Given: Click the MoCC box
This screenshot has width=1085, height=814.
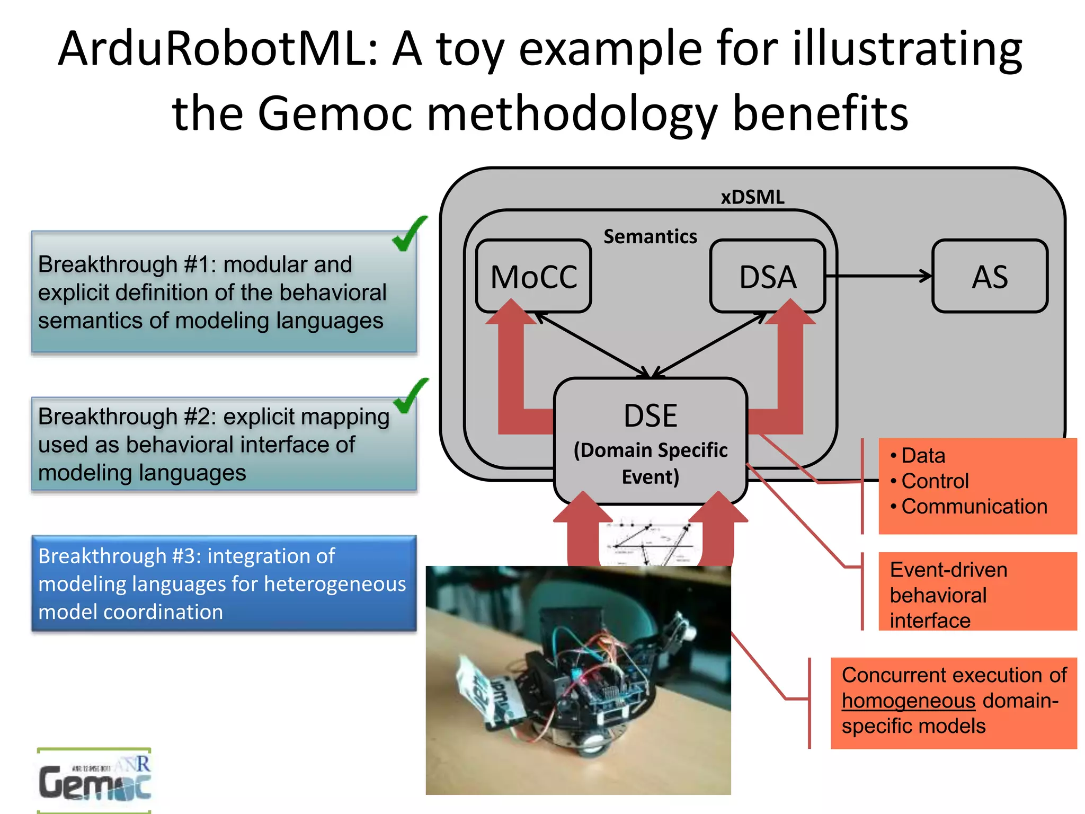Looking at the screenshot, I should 533,276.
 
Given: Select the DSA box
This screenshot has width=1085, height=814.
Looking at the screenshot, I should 768,276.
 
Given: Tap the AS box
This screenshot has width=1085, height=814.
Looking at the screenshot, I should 990,276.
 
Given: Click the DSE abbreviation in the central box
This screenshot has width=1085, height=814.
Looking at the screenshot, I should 650,415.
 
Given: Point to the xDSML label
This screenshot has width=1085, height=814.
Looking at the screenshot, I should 752,197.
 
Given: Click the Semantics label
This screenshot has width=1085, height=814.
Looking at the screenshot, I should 650,236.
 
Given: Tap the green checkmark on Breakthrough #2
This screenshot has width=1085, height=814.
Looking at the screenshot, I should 411,396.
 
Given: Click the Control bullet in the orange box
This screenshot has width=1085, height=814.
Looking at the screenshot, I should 935,481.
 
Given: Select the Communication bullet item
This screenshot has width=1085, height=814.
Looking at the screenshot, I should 974,507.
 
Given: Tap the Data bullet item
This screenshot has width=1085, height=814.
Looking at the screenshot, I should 923,456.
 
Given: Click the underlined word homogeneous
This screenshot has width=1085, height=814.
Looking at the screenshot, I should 908,701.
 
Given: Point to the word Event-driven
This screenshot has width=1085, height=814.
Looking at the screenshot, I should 948,570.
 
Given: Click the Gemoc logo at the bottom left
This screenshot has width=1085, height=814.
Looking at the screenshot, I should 94,780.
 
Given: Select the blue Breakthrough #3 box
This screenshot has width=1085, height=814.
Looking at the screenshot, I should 224,583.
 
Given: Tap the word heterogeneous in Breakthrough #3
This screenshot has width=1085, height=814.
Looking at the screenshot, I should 335,584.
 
